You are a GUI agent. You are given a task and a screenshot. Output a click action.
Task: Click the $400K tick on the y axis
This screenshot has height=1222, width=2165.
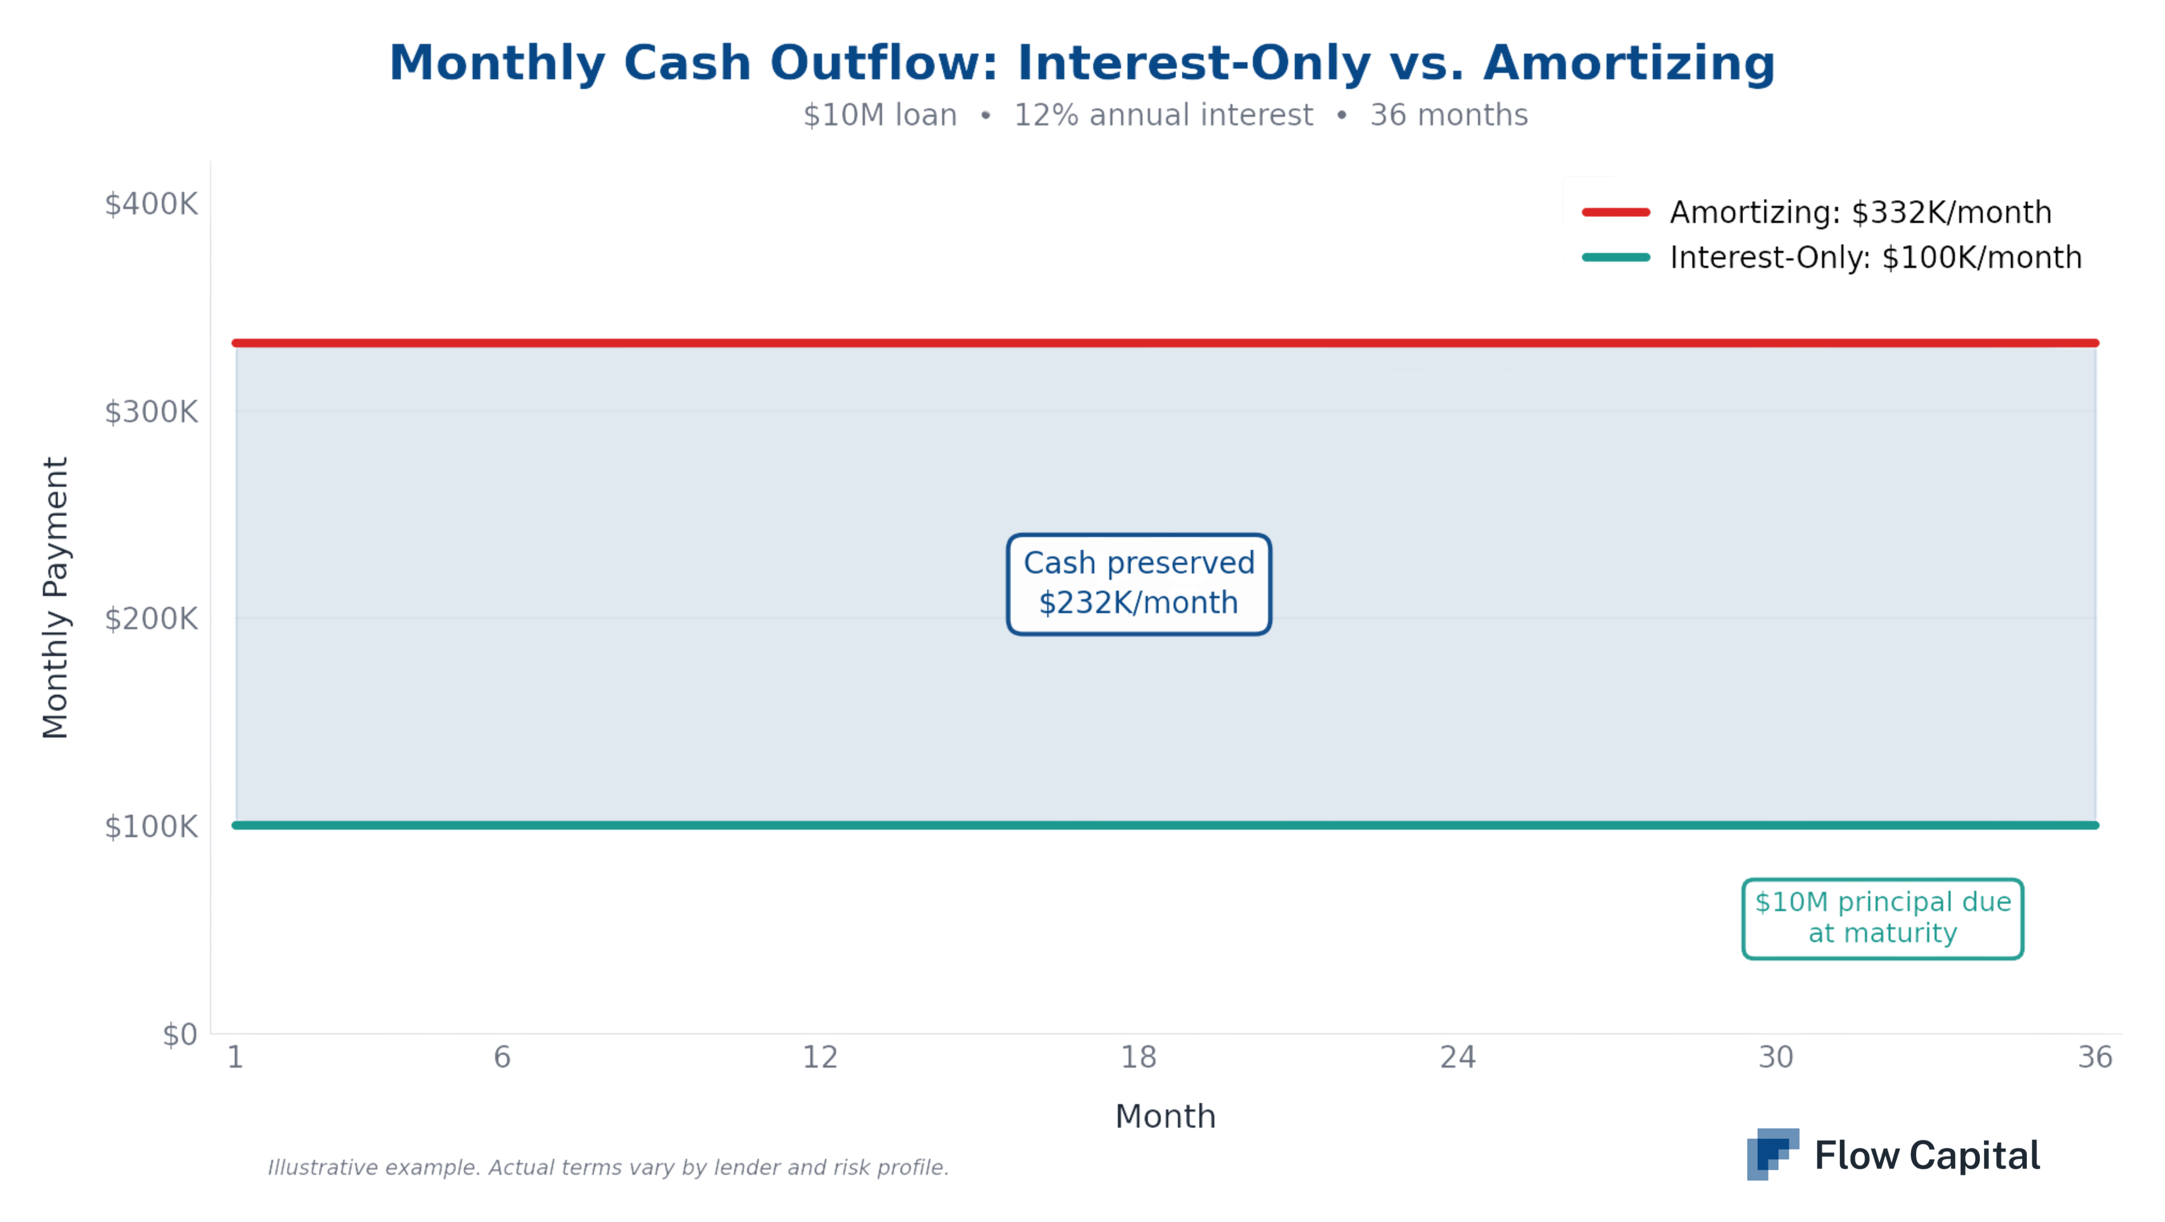click(151, 204)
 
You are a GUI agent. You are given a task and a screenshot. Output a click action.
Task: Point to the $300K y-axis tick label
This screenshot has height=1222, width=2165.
click(151, 412)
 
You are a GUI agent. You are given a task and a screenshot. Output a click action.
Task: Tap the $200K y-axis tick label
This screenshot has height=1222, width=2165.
click(151, 620)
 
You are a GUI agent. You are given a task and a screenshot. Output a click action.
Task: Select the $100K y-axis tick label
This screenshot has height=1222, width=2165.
click(151, 827)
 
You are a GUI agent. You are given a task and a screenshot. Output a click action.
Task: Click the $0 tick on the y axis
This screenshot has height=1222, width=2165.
click(180, 1034)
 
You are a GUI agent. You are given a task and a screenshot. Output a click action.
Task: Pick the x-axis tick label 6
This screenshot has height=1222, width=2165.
click(502, 1057)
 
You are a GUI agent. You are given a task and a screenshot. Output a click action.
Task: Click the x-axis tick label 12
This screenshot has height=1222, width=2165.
click(820, 1057)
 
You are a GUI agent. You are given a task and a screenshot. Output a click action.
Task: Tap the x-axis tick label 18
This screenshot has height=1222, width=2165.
click(1139, 1057)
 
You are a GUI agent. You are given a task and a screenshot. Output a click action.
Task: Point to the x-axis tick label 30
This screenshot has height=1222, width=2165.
click(1776, 1057)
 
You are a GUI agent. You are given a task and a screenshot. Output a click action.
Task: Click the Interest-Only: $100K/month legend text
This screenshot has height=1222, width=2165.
click(1875, 257)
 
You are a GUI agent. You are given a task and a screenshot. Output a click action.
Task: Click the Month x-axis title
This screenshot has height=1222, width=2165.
click(1165, 1116)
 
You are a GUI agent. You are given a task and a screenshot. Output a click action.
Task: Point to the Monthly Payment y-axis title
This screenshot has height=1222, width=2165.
click(56, 598)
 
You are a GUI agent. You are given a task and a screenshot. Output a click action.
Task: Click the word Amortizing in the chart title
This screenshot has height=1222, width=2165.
click(1629, 63)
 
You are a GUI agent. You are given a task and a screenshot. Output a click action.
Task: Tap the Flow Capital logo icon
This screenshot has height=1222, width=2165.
click(1772, 1154)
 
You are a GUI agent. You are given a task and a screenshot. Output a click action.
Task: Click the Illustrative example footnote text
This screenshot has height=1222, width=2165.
click(608, 1167)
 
